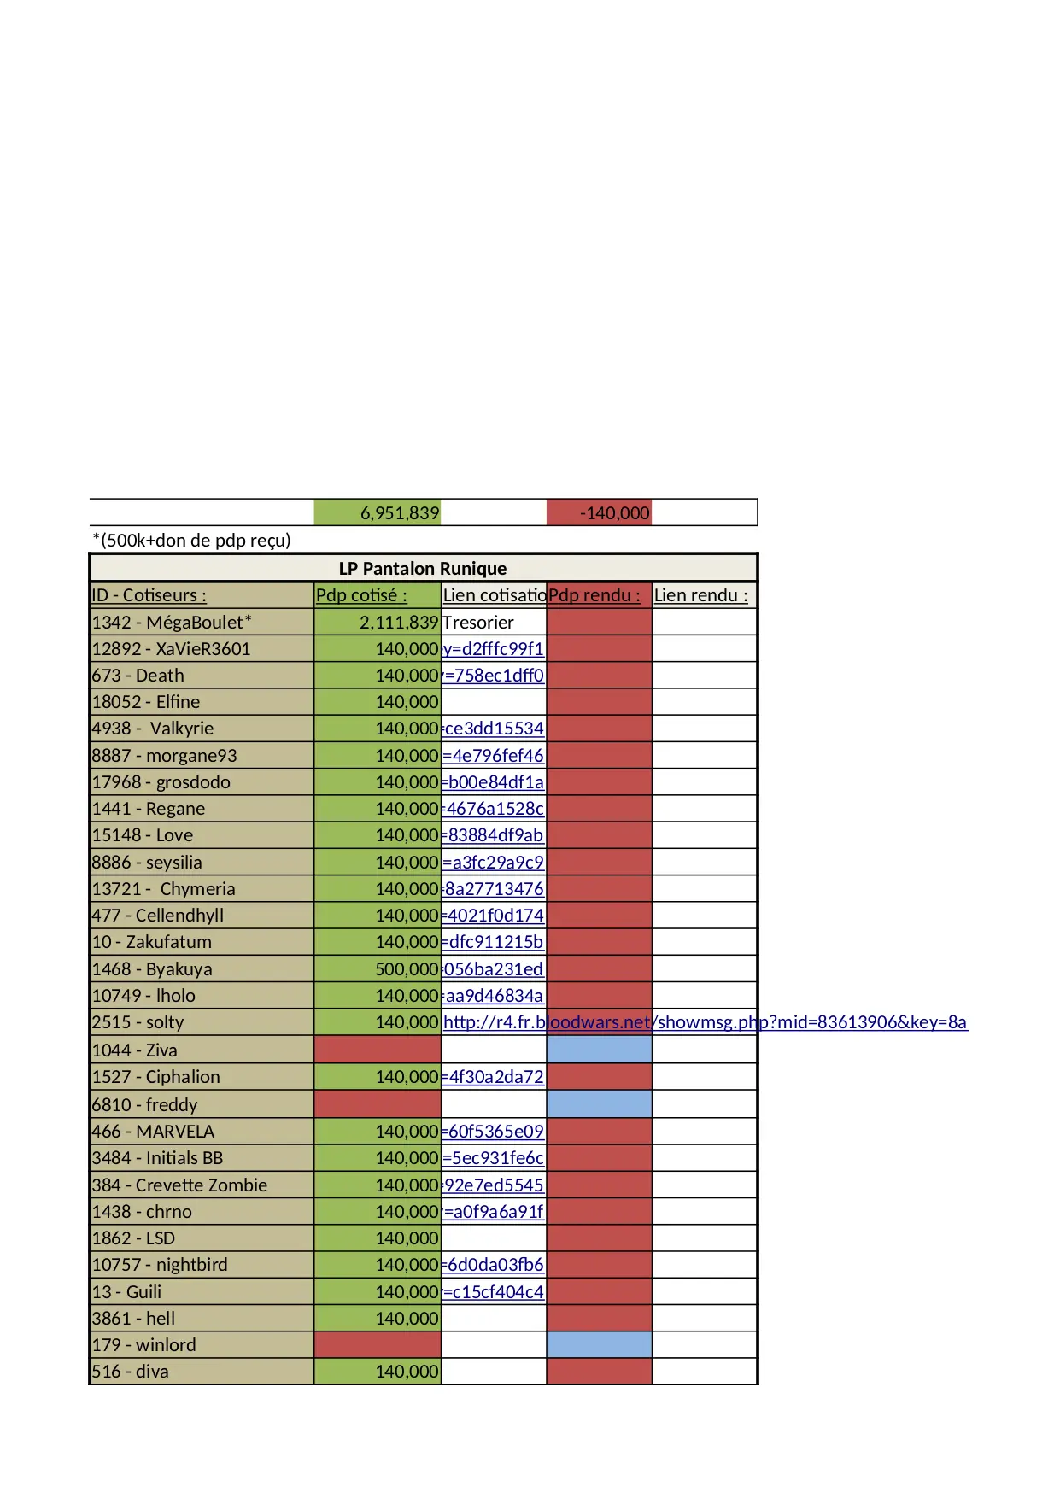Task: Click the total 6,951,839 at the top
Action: [399, 513]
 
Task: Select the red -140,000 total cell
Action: [614, 513]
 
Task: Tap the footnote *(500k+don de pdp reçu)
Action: [191, 540]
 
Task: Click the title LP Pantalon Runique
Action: [423, 569]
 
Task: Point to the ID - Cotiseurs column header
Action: [149, 595]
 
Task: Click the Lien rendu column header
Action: [700, 595]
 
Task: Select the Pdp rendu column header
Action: [594, 595]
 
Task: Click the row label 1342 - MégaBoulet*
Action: [172, 623]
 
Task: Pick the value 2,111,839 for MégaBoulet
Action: [399, 623]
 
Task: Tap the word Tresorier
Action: [478, 623]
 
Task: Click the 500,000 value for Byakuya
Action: [407, 969]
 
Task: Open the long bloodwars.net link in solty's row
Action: [705, 1022]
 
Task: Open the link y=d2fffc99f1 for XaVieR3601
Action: [493, 649]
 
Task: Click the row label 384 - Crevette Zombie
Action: [179, 1185]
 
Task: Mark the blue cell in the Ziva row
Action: [599, 1050]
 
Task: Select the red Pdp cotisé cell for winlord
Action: [378, 1345]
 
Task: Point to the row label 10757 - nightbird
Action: [160, 1265]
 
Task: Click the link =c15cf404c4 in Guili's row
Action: [493, 1292]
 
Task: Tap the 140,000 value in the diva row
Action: [407, 1372]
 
